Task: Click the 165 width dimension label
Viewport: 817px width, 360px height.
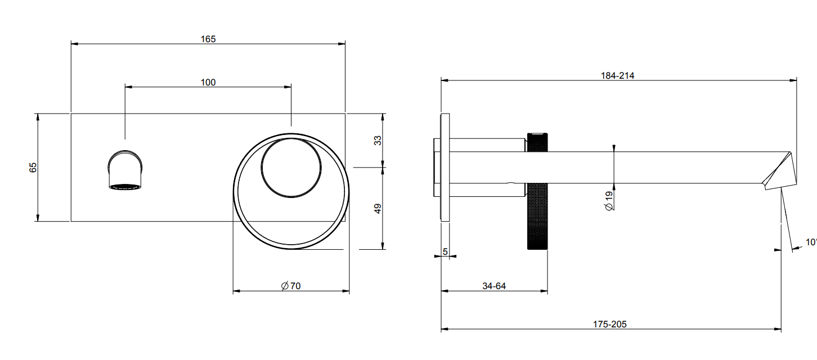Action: (x=208, y=39)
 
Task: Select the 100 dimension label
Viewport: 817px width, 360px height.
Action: (x=208, y=83)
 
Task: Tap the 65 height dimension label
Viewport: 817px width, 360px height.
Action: (x=33, y=168)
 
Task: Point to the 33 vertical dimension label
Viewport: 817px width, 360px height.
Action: (x=378, y=141)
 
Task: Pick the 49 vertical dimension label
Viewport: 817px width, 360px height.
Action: (x=378, y=209)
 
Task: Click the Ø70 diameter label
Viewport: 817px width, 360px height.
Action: (x=291, y=286)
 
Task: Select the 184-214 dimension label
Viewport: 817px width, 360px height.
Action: (x=617, y=75)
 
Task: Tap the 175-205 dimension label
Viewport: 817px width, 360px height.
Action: (x=609, y=324)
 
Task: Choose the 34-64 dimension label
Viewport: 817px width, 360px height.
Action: (x=494, y=286)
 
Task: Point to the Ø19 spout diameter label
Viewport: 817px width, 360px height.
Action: (x=609, y=201)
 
